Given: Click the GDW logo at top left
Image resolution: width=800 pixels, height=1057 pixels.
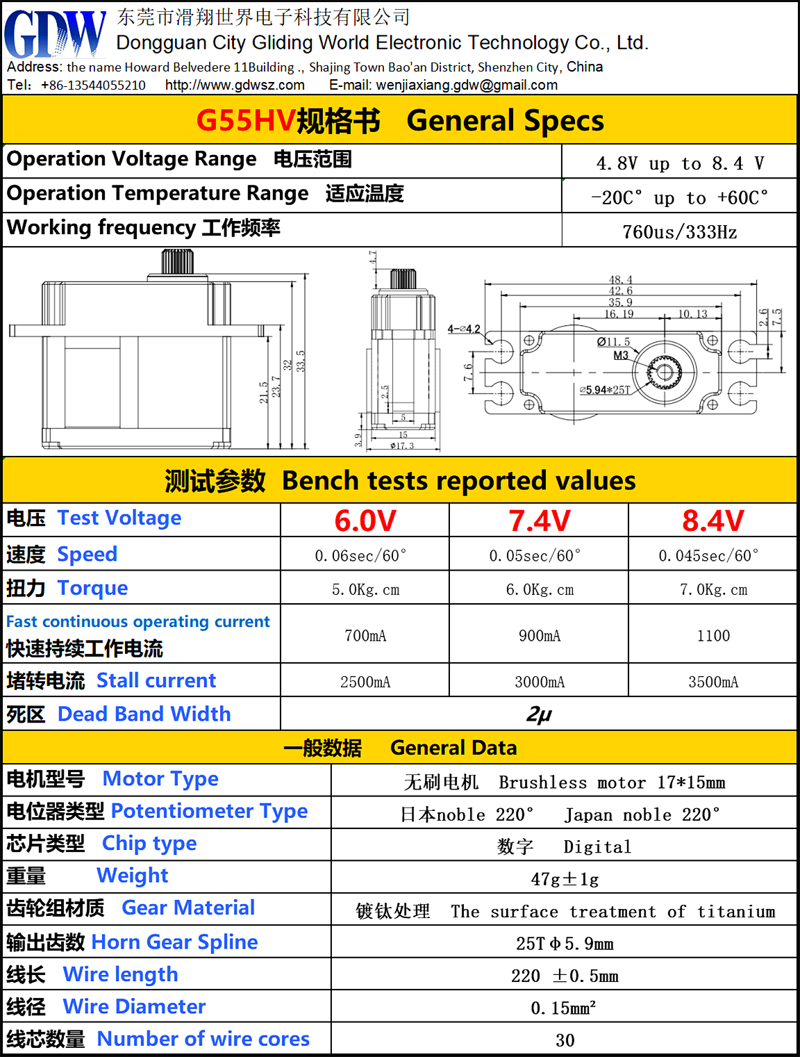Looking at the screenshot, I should [x=54, y=35].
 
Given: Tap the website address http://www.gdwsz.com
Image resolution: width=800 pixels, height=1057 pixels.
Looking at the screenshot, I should [x=235, y=85].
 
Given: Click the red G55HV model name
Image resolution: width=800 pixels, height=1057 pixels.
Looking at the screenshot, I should [x=246, y=120].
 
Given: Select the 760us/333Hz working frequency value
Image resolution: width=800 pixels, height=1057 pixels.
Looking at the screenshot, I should [x=679, y=231].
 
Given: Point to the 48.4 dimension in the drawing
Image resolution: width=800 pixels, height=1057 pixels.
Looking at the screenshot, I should [x=620, y=280].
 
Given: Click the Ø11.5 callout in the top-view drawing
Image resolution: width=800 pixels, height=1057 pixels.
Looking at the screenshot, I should [x=613, y=342].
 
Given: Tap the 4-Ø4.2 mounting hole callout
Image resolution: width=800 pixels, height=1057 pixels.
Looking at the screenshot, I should [x=464, y=329].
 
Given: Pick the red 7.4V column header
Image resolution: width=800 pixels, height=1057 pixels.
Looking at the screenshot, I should [x=539, y=521].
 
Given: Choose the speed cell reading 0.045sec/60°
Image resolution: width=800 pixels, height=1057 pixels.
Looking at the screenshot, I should [x=708, y=555].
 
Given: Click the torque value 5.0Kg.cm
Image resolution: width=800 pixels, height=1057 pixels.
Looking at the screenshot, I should [x=365, y=589].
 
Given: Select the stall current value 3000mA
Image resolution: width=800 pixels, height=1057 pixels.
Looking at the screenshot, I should [x=539, y=682].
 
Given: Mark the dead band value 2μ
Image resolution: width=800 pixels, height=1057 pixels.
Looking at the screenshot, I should [x=539, y=714].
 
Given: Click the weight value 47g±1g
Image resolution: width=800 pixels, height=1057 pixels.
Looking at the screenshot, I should [x=564, y=879].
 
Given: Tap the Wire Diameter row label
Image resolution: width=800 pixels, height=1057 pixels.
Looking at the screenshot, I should [x=134, y=1006].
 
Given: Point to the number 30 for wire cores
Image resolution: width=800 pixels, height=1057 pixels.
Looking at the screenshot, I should [x=565, y=1040].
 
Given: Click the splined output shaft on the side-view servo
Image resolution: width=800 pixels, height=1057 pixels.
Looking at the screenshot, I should [x=172, y=263].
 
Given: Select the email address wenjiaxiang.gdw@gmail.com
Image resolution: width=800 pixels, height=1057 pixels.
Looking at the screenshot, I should [x=467, y=85].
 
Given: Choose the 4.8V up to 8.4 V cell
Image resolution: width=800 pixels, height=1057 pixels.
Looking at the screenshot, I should [x=679, y=163].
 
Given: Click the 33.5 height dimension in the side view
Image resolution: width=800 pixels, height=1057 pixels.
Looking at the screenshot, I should [x=300, y=361].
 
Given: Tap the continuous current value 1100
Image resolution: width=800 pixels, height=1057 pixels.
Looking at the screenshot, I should [x=712, y=635].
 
